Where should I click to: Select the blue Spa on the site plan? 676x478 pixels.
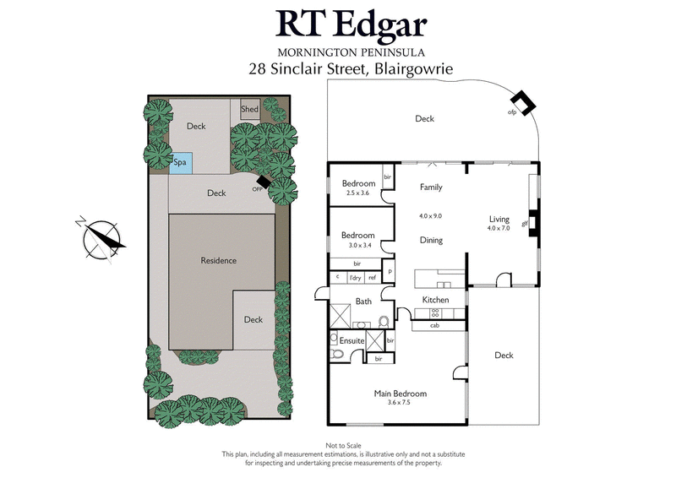[180, 161]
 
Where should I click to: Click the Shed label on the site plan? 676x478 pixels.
[249, 110]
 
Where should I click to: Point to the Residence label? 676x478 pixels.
[218, 260]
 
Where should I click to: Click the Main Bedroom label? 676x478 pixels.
[400, 394]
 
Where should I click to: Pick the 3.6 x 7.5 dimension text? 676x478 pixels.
[400, 403]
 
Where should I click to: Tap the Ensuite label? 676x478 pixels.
[352, 340]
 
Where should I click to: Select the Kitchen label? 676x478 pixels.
[435, 300]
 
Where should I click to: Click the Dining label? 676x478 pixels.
[431, 241]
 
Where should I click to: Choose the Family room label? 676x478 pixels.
[431, 187]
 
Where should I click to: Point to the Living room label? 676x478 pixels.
[499, 219]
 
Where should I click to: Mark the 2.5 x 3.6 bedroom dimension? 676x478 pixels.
[357, 193]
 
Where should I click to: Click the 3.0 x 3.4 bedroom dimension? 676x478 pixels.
[357, 245]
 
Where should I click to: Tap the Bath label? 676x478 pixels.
[363, 301]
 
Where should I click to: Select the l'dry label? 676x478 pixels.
[355, 277]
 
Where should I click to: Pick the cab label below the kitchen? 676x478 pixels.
[434, 325]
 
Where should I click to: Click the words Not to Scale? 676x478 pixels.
[337, 446]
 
